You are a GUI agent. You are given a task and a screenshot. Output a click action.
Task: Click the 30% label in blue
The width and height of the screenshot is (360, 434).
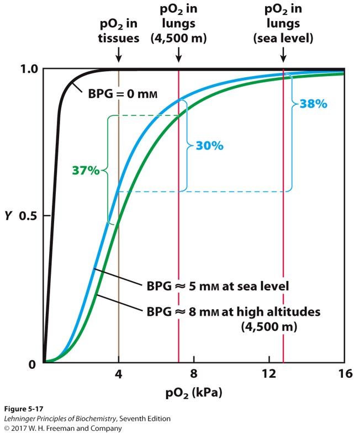pos(209,146)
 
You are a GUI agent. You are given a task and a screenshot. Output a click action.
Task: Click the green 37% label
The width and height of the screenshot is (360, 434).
pos(86,171)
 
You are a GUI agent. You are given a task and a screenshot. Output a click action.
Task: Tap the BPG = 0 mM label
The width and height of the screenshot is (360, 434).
pos(123,94)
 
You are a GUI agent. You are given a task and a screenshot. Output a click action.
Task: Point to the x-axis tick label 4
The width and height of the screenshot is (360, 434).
pos(118,374)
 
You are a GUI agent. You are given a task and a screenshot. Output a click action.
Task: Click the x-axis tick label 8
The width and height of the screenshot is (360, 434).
pos(194,374)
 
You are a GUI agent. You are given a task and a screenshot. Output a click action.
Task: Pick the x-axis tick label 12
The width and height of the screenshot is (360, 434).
pos(269,374)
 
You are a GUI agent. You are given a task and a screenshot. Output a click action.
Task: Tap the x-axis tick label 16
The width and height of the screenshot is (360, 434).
pos(345,374)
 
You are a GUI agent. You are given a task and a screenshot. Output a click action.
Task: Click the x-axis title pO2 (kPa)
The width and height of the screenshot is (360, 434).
pos(193,393)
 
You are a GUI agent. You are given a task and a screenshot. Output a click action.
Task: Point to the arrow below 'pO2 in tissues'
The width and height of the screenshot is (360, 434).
pos(118,55)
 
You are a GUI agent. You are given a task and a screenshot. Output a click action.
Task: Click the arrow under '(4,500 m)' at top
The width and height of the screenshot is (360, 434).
pos(178,55)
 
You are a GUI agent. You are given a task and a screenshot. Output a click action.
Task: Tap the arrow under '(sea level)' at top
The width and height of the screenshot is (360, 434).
pos(283,55)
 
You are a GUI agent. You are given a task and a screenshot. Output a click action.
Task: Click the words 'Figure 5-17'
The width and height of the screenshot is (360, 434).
pos(22,409)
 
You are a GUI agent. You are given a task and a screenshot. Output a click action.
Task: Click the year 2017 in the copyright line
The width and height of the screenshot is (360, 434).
pos(22,428)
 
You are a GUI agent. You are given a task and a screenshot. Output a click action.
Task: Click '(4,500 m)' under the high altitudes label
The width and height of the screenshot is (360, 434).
pos(269,326)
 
